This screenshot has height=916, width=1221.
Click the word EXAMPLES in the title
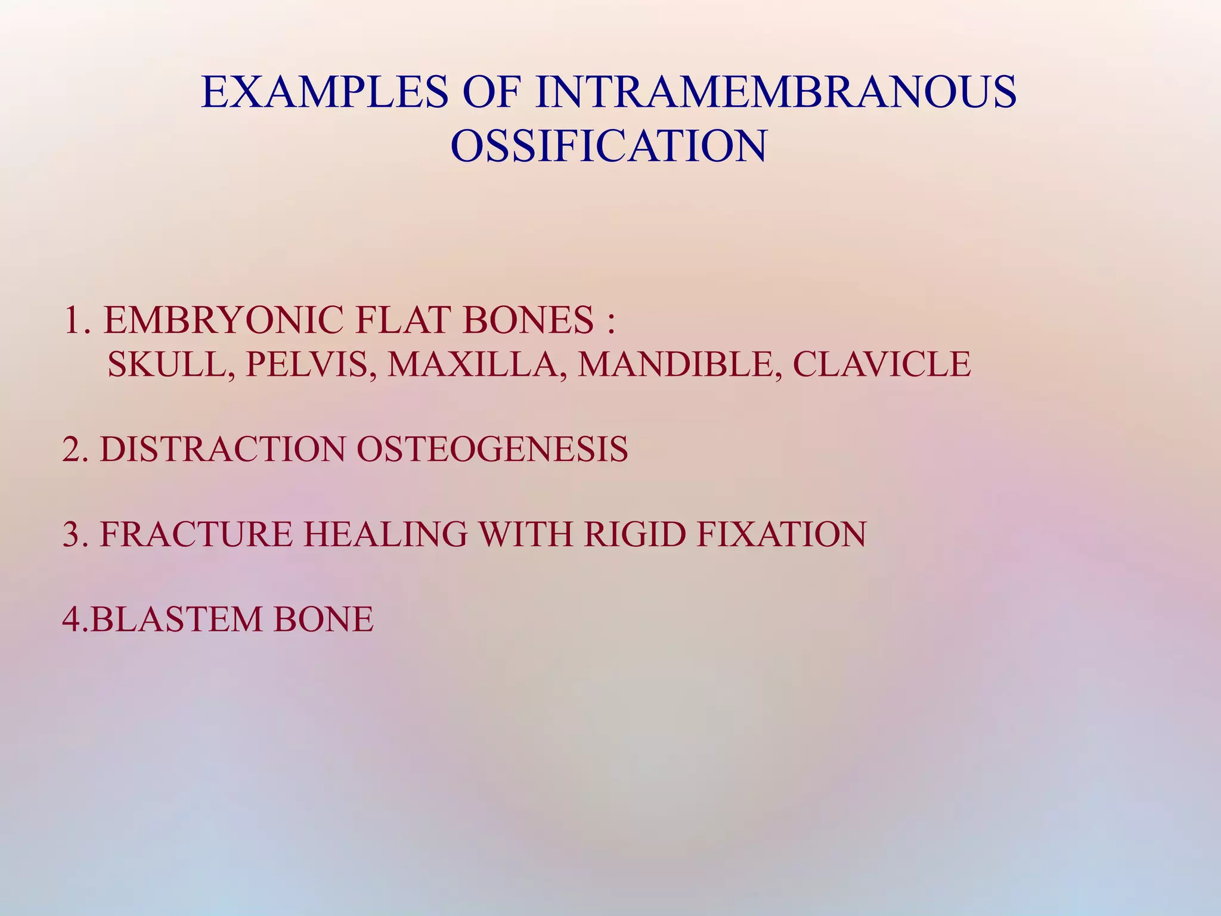[324, 92]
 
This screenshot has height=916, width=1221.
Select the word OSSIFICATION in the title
[609, 146]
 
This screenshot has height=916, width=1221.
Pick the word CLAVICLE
[882, 364]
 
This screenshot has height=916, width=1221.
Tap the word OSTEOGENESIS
[492, 449]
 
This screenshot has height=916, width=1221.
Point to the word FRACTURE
[196, 534]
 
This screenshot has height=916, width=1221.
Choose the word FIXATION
[781, 534]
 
